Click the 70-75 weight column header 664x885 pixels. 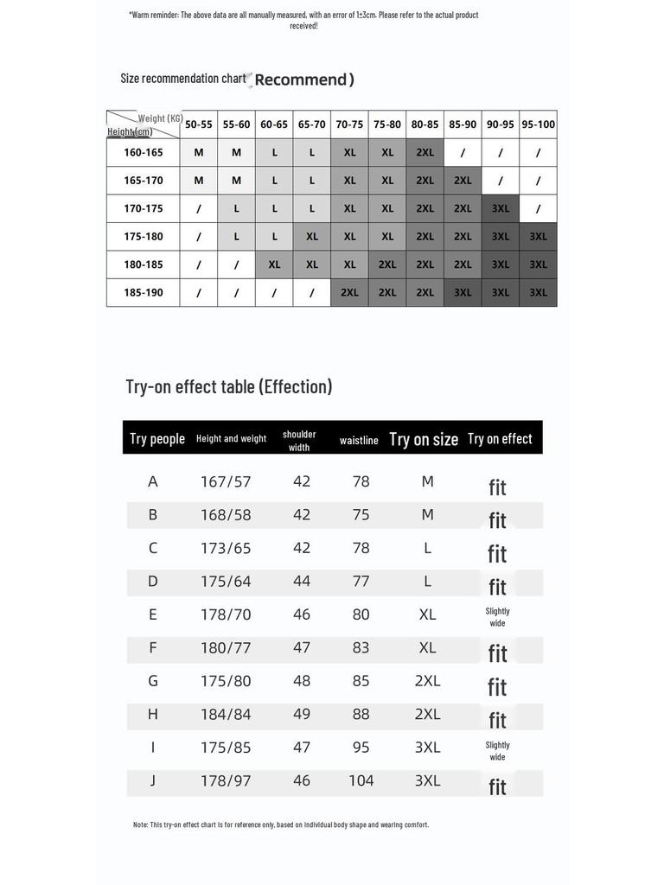tap(349, 124)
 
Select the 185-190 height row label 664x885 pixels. tap(144, 293)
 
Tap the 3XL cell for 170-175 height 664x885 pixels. tap(501, 208)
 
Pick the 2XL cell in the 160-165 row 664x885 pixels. tap(425, 152)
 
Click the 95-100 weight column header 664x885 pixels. tap(538, 124)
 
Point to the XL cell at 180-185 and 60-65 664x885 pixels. tap(274, 264)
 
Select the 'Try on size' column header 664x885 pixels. tap(424, 439)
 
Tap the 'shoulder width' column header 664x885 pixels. tap(299, 441)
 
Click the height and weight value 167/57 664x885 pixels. tap(226, 481)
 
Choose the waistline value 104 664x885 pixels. tap(361, 780)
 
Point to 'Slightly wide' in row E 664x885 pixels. tap(497, 617)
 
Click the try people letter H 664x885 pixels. tap(153, 714)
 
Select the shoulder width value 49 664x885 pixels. tap(301, 714)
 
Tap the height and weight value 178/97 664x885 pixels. tap(226, 780)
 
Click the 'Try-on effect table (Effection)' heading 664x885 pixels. tap(229, 386)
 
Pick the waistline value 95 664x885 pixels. tap(361, 748)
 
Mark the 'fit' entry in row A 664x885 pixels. tap(497, 487)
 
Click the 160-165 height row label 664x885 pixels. tap(144, 152)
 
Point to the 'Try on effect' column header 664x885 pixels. tap(500, 438)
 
